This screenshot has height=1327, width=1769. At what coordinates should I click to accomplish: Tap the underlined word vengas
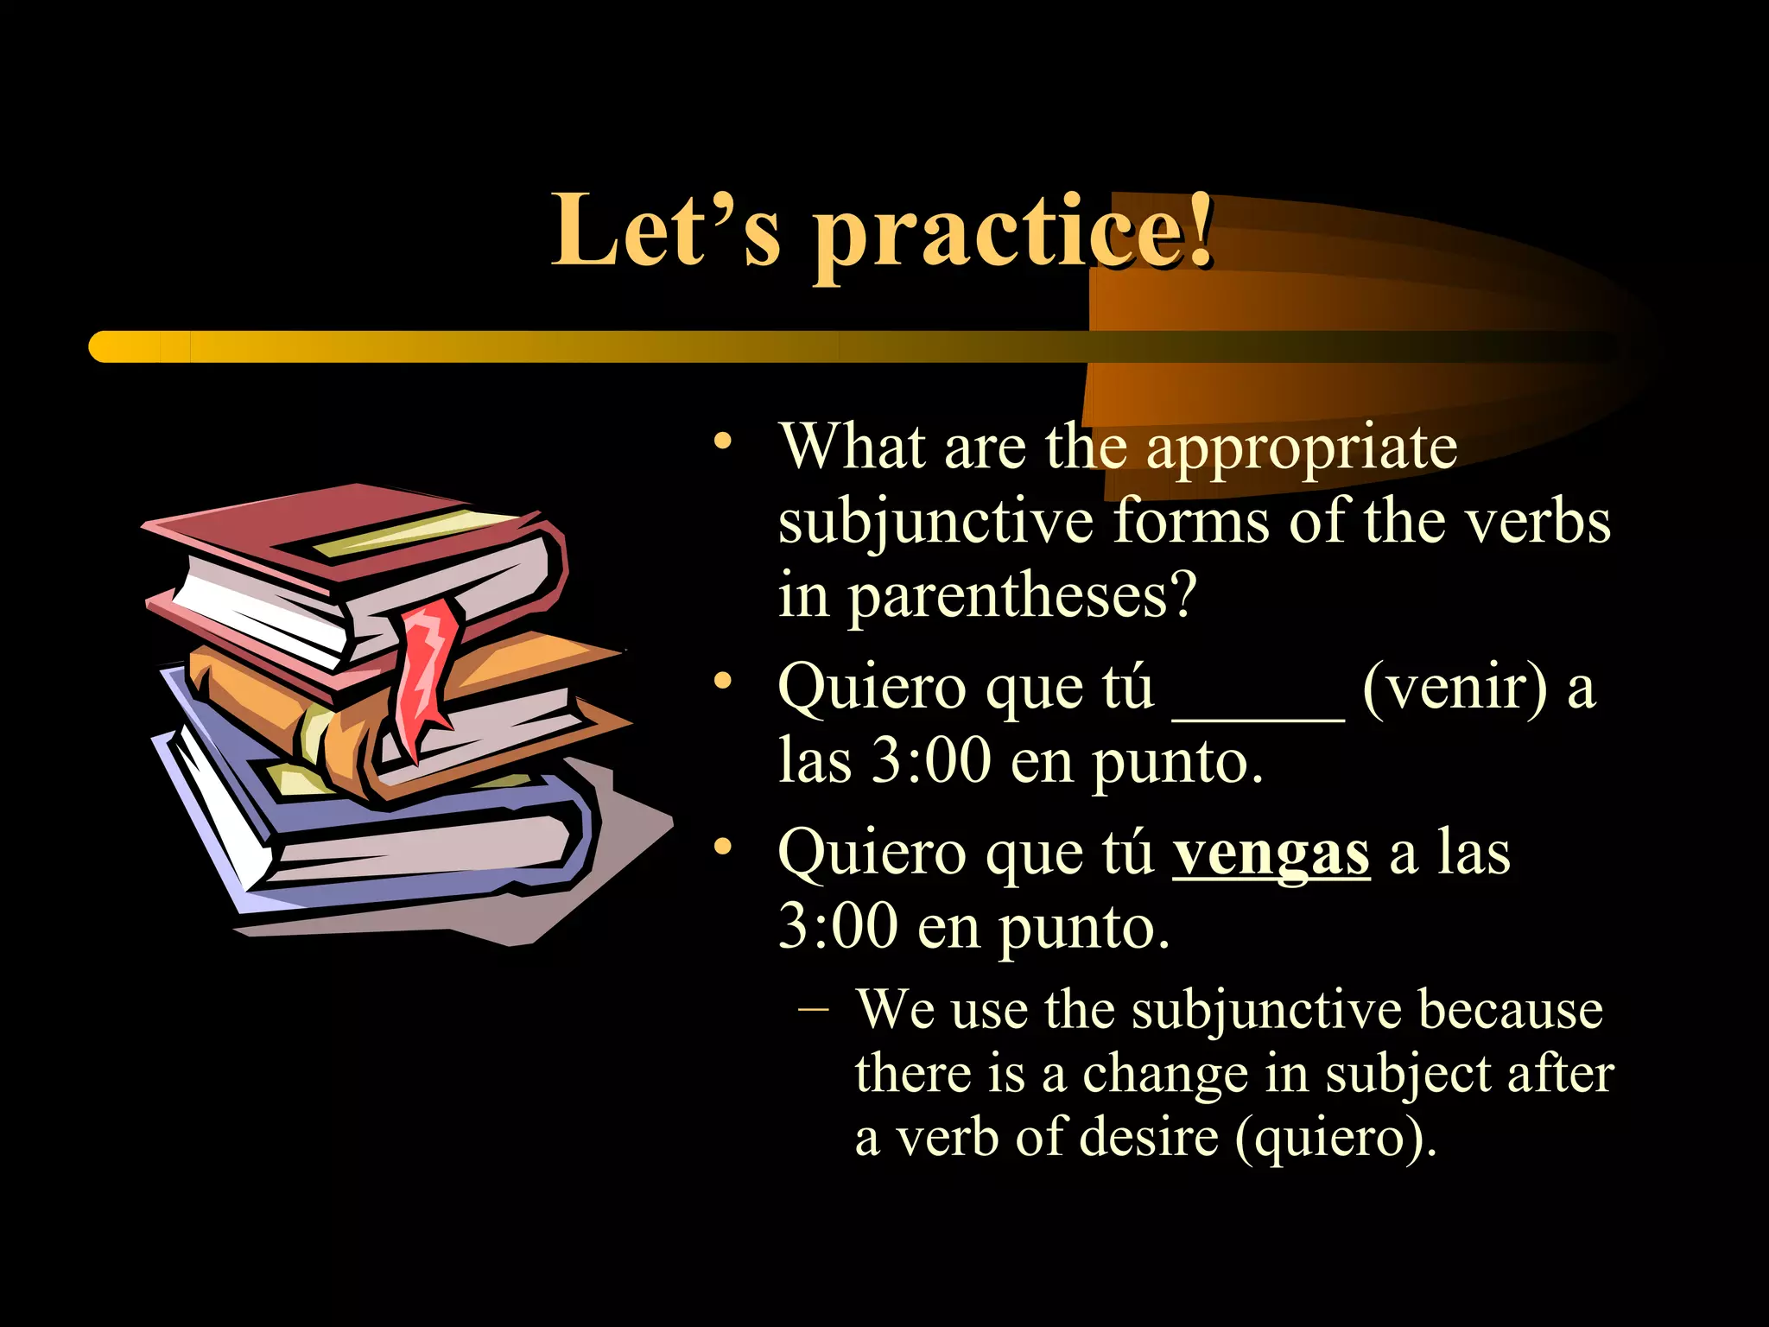(x=1271, y=854)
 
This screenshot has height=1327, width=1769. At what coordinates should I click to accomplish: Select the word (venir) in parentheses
(x=1455, y=688)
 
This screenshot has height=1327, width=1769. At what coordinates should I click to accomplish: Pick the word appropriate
(x=1302, y=449)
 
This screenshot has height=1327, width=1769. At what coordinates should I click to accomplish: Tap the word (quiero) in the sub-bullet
(x=1336, y=1137)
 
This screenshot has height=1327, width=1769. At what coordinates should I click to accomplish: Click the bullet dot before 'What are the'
(x=723, y=443)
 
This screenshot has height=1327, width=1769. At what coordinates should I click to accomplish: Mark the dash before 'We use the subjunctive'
(x=814, y=1009)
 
